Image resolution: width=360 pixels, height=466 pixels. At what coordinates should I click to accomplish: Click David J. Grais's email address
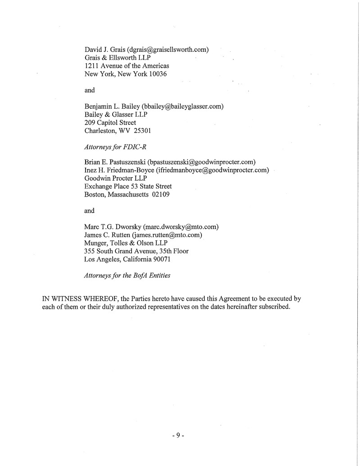[x=168, y=49]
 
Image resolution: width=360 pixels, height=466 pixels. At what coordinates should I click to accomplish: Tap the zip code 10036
[x=156, y=74]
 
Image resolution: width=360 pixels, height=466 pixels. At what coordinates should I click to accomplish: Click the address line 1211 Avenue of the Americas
[x=127, y=66]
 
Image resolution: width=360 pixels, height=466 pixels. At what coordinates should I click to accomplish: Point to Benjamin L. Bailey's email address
[x=182, y=106]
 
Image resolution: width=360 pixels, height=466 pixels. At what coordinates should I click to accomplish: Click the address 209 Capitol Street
[x=110, y=123]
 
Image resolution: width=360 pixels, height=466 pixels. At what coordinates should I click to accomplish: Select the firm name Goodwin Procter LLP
[x=112, y=178]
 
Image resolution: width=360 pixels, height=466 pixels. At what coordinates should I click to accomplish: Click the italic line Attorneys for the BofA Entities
[x=127, y=275]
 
